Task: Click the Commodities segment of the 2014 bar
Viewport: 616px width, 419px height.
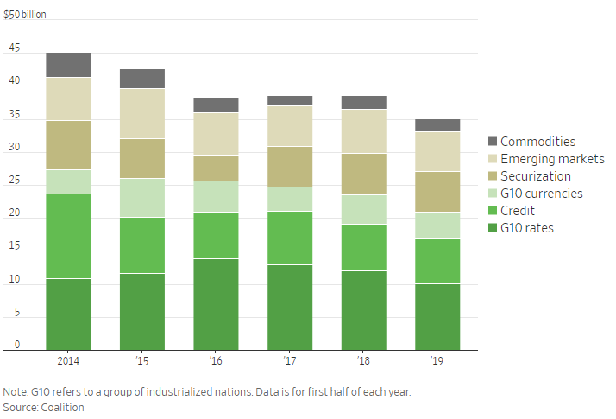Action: pos(68,65)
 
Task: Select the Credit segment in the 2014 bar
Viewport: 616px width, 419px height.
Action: pos(68,236)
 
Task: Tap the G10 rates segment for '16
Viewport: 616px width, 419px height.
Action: pos(216,304)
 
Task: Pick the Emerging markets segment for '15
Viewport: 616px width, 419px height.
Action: pos(142,113)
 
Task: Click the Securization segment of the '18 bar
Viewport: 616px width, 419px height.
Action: pos(363,174)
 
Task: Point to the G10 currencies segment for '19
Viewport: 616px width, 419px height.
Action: pos(437,225)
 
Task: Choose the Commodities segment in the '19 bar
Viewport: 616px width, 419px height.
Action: pos(437,125)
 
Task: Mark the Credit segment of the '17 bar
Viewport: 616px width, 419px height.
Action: pos(290,238)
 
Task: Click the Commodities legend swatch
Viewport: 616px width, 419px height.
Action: pos(493,142)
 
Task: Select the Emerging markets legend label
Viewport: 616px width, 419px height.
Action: pos(552,159)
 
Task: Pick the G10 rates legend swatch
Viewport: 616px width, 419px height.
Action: pos(493,228)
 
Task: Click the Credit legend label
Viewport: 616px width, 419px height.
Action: pos(518,211)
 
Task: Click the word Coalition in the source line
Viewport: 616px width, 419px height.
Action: pos(65,407)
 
